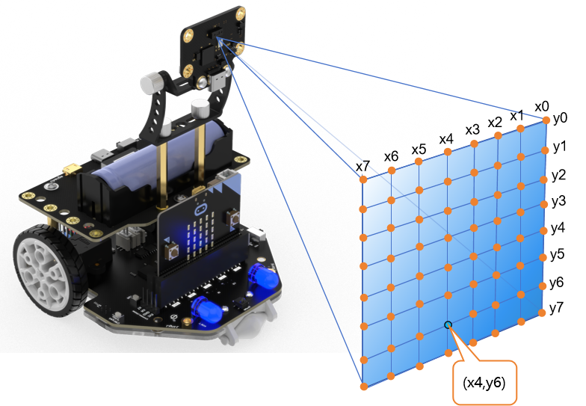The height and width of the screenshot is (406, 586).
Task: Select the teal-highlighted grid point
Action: [448, 325]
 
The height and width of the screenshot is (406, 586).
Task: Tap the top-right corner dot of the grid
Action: [546, 120]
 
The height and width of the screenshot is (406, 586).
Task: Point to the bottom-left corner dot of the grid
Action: [363, 387]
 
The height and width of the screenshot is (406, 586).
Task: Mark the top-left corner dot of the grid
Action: [363, 179]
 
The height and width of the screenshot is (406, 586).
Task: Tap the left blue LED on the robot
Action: [203, 308]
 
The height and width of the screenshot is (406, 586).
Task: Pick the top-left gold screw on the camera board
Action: [189, 33]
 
